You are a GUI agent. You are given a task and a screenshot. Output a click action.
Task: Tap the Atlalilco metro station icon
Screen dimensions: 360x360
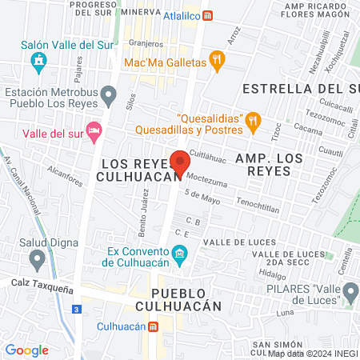point(209,14)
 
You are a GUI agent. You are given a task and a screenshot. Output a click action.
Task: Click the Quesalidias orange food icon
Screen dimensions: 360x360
point(253,120)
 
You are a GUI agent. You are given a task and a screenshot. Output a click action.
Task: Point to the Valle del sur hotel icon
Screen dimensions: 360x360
point(94,130)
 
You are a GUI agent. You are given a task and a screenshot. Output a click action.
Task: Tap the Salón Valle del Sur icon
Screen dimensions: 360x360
point(38,61)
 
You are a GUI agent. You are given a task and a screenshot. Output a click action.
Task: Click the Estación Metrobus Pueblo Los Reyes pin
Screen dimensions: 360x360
point(110,98)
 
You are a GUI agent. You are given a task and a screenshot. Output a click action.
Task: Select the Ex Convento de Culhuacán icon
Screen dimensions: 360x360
point(181,256)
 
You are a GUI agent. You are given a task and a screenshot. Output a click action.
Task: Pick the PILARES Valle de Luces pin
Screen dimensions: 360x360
point(350,299)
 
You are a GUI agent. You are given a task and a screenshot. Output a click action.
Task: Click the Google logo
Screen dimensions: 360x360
point(26,350)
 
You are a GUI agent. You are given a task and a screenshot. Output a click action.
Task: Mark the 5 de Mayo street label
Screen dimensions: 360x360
point(202,197)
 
